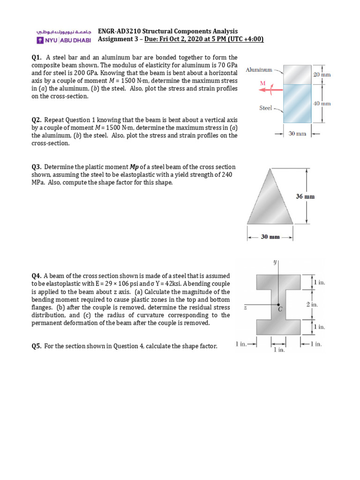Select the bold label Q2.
pyautogui.click(x=37, y=120)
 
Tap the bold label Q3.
pyautogui.click(x=37, y=167)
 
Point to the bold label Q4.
pyautogui.click(x=37, y=276)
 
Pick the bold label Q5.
pyautogui.click(x=37, y=346)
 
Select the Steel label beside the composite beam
pyautogui.click(x=266, y=108)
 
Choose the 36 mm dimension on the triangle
pyautogui.click(x=305, y=196)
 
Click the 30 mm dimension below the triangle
pyautogui.click(x=270, y=237)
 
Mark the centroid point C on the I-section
pyautogui.click(x=278, y=305)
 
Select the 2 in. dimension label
pyautogui.click(x=312, y=304)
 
